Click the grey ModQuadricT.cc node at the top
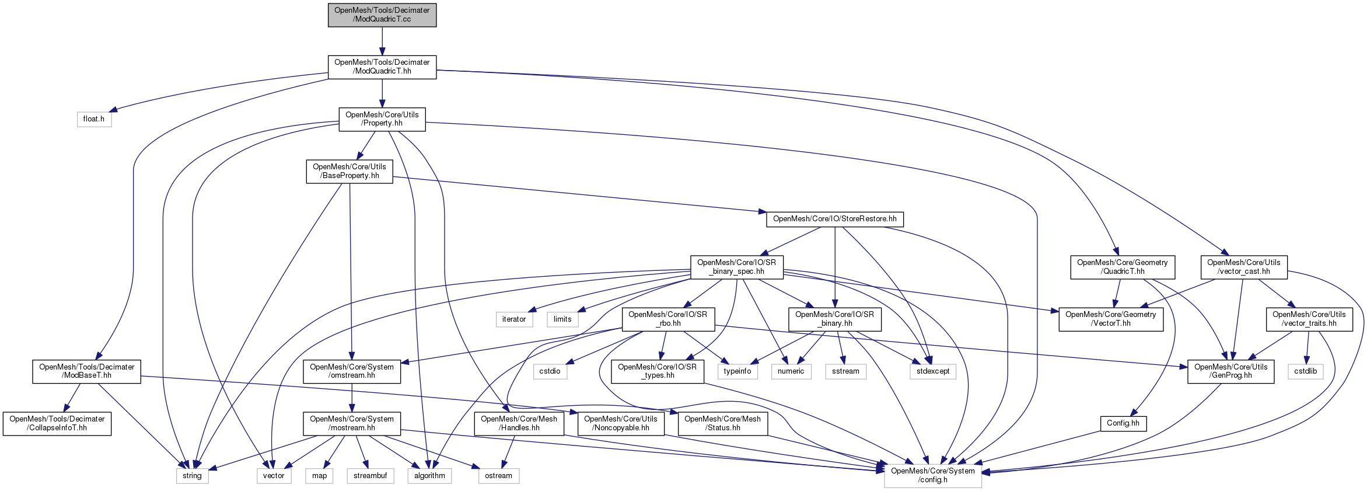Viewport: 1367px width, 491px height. (x=382, y=15)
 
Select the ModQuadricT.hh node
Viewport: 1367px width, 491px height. (x=382, y=67)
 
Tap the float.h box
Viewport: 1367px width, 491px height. (x=94, y=119)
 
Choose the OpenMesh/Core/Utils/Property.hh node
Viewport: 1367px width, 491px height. (x=382, y=119)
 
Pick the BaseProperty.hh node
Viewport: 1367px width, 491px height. (x=349, y=171)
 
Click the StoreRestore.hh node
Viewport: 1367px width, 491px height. (x=834, y=219)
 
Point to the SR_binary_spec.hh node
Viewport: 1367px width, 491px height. (x=736, y=267)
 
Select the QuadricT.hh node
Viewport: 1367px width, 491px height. (x=1122, y=267)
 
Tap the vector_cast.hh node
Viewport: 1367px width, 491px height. (x=1243, y=267)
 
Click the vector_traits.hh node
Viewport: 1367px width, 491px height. (x=1309, y=319)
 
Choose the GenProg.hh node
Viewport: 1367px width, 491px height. (x=1230, y=371)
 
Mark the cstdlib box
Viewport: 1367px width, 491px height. (x=1305, y=371)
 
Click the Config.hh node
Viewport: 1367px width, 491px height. (x=1123, y=423)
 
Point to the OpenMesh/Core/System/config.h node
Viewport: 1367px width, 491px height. (x=932, y=475)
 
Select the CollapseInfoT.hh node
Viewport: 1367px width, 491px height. (x=57, y=423)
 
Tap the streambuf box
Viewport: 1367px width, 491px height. (x=370, y=476)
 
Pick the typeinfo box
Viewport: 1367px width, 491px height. (x=737, y=371)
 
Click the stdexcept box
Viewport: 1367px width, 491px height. (x=932, y=371)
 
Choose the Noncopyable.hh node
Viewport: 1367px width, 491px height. (x=620, y=423)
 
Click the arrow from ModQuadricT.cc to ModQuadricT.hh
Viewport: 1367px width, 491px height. (x=382, y=41)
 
